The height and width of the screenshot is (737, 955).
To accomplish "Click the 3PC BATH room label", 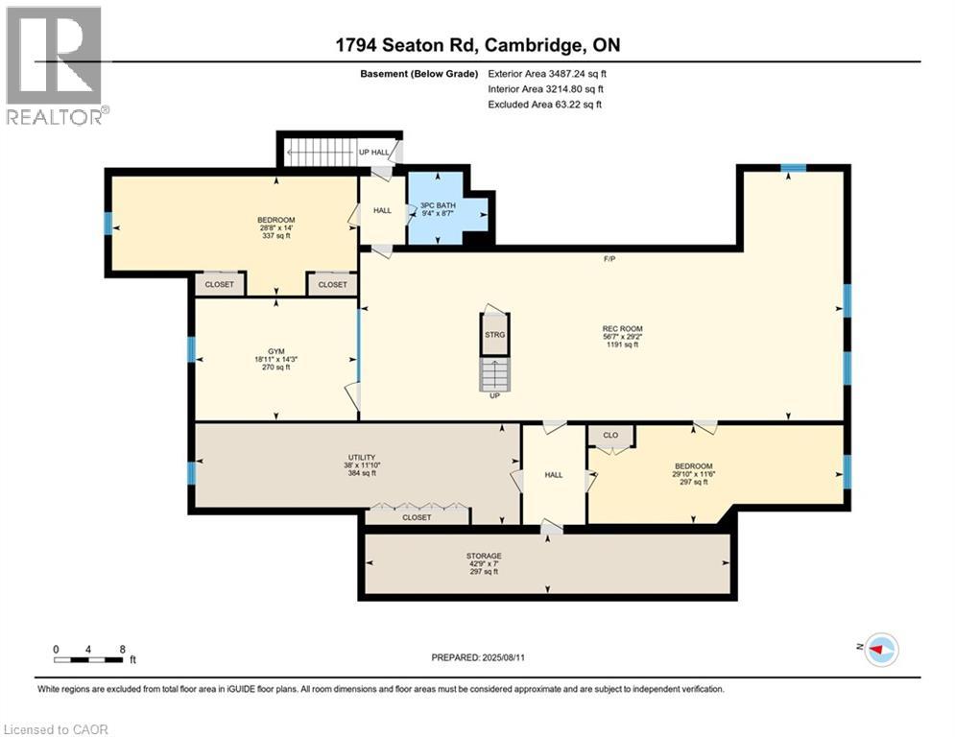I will tap(437, 205).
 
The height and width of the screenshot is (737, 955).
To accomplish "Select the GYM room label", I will tap(275, 351).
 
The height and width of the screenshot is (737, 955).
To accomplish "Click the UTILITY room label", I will tap(361, 458).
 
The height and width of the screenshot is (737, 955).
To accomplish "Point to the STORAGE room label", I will tap(485, 556).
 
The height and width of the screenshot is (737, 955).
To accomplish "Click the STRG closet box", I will tap(494, 335).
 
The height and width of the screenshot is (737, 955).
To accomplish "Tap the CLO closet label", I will tap(610, 435).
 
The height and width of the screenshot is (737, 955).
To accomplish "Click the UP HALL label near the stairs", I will tap(374, 153).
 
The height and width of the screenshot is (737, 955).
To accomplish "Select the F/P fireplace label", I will tap(609, 259).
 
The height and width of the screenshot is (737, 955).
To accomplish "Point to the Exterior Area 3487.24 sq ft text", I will tap(547, 73).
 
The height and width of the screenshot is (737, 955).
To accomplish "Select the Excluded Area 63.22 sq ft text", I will tap(545, 104).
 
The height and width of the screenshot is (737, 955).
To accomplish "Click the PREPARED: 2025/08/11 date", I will tap(480, 657).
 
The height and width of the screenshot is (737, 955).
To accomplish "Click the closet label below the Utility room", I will tap(417, 517).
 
